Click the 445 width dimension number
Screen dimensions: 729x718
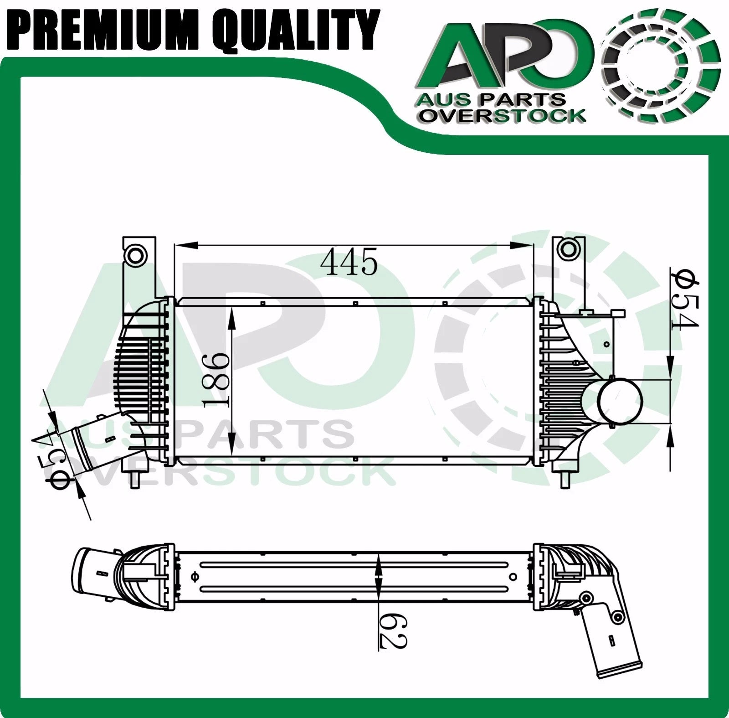pyautogui.click(x=349, y=263)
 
